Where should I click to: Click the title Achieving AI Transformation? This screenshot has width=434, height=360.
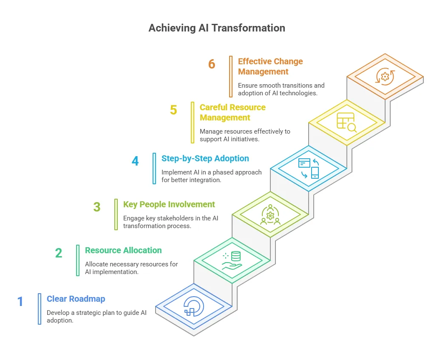coord(217,28)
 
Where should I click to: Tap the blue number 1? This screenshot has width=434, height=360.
coord(20,302)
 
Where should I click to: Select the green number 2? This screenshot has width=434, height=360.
coord(59,253)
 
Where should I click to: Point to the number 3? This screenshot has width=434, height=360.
coord(97,207)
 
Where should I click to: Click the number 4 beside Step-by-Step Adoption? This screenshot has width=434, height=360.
coord(135,161)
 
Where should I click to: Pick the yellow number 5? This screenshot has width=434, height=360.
coord(173,110)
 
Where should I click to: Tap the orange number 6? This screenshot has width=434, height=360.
coord(212,64)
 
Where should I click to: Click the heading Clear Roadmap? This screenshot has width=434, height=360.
coord(76,299)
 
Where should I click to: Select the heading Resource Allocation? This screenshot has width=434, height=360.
coord(123,250)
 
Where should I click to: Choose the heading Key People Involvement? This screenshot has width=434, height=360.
coord(169,204)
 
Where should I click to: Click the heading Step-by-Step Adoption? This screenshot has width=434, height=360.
coord(205,158)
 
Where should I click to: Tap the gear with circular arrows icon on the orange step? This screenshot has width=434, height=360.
coord(385,76)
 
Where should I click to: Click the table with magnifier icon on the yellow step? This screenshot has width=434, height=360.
coord(346,122)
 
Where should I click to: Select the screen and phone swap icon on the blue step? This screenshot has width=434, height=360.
coord(309,168)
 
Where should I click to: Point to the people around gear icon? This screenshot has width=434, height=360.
coord(270,214)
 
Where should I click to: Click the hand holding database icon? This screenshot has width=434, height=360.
coord(232,260)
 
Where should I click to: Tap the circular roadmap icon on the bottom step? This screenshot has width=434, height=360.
coord(194,306)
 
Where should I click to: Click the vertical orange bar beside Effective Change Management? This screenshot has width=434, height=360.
coord(231,77)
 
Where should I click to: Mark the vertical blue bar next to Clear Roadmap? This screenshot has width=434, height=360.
coord(40,309)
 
